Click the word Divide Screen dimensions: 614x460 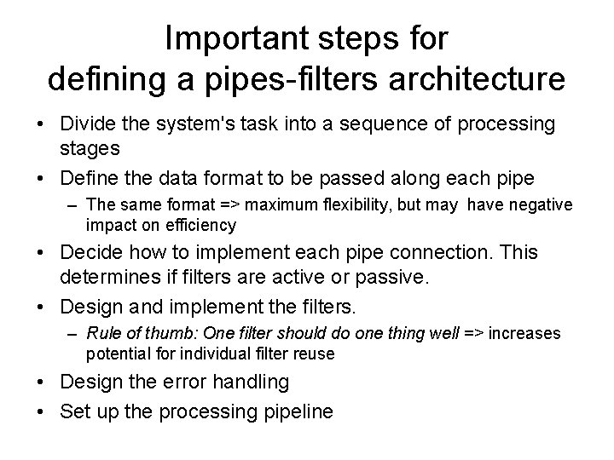tap(89, 124)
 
